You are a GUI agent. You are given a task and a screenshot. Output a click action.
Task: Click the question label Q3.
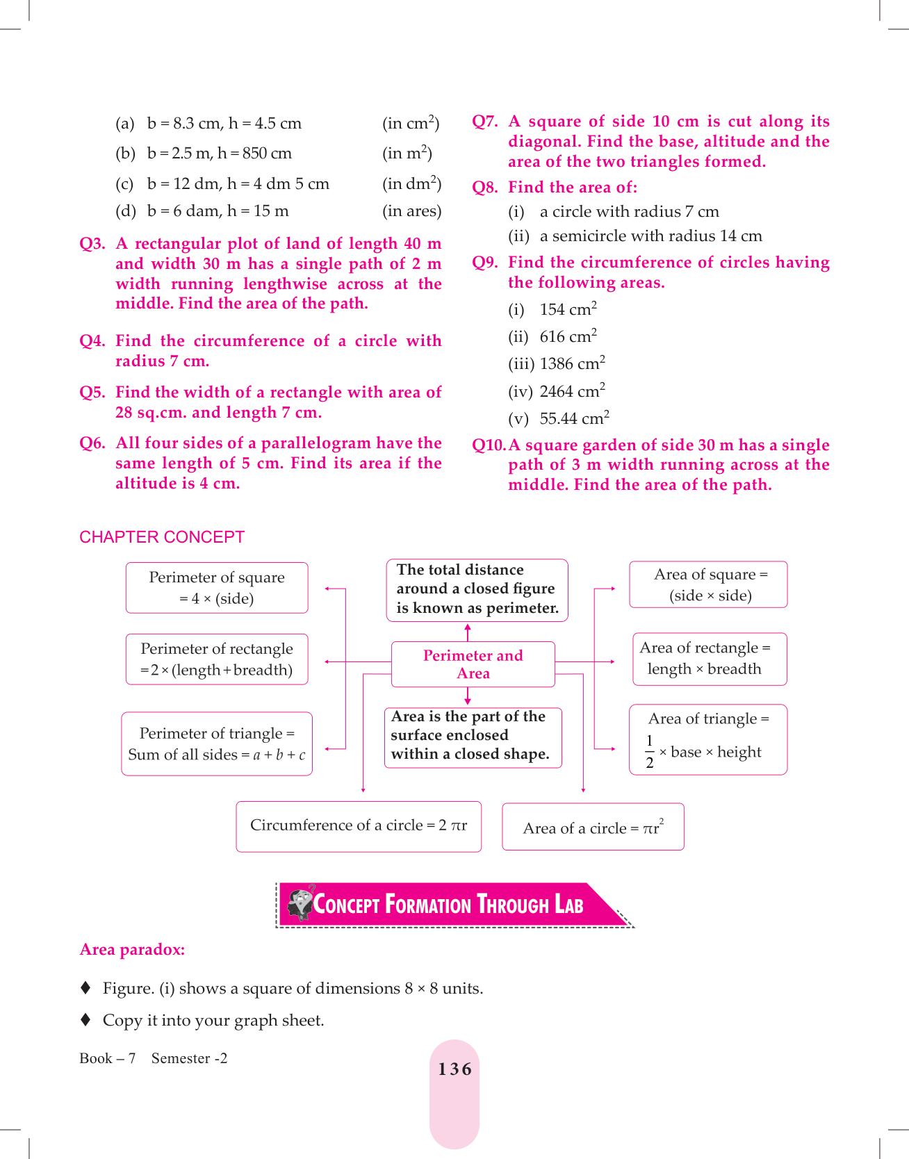(x=92, y=244)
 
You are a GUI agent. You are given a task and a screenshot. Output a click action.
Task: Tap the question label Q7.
(x=485, y=122)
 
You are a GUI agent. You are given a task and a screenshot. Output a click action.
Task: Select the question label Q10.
(x=489, y=445)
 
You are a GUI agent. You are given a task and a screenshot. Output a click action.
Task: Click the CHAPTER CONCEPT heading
(x=162, y=537)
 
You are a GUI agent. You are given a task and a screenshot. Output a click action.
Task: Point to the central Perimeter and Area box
(x=473, y=664)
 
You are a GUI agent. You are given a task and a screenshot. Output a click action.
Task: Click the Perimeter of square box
(x=217, y=588)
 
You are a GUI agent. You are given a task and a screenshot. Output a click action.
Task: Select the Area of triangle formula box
(x=708, y=739)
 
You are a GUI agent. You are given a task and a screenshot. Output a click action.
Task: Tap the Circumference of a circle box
(x=359, y=825)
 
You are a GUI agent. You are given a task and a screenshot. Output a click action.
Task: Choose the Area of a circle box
(x=593, y=828)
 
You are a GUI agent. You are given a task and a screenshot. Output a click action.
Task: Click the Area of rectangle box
(x=709, y=659)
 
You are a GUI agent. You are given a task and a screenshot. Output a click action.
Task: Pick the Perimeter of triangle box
(x=217, y=743)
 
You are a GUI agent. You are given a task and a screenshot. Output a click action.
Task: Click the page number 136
(x=454, y=1069)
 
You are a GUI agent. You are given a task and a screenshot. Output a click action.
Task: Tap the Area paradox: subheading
(x=132, y=950)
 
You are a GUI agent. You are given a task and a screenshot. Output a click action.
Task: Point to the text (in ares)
(x=411, y=211)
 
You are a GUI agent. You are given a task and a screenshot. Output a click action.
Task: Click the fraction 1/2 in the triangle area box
(x=649, y=752)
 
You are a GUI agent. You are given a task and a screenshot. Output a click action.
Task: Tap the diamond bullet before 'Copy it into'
(x=85, y=1020)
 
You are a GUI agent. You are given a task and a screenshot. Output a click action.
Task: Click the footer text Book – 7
(x=108, y=1058)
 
